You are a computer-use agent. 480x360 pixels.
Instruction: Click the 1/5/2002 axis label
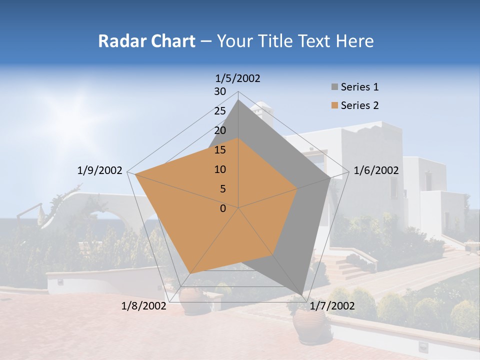[238, 78]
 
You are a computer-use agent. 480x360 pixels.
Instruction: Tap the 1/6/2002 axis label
[376, 171]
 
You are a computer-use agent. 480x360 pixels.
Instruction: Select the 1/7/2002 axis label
[332, 306]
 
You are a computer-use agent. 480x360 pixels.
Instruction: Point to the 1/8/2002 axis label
[144, 306]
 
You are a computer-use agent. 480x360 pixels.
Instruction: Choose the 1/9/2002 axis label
[100, 171]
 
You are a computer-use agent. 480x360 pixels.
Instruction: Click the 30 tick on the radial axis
[220, 91]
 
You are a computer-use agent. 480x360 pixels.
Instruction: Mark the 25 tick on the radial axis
[220, 111]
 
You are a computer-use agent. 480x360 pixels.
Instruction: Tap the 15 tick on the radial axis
[220, 150]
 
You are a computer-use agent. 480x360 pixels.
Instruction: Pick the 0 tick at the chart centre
[223, 208]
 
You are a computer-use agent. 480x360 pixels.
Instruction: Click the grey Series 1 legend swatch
[335, 87]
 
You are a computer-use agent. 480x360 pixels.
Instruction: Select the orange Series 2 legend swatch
[335, 105]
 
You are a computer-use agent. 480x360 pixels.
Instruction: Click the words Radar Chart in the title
[146, 41]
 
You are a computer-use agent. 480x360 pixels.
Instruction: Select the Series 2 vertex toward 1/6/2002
[297, 188]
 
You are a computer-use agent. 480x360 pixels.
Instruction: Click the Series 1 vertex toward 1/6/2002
[330, 178]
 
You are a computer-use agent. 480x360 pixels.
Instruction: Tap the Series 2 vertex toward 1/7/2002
[272, 254]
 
